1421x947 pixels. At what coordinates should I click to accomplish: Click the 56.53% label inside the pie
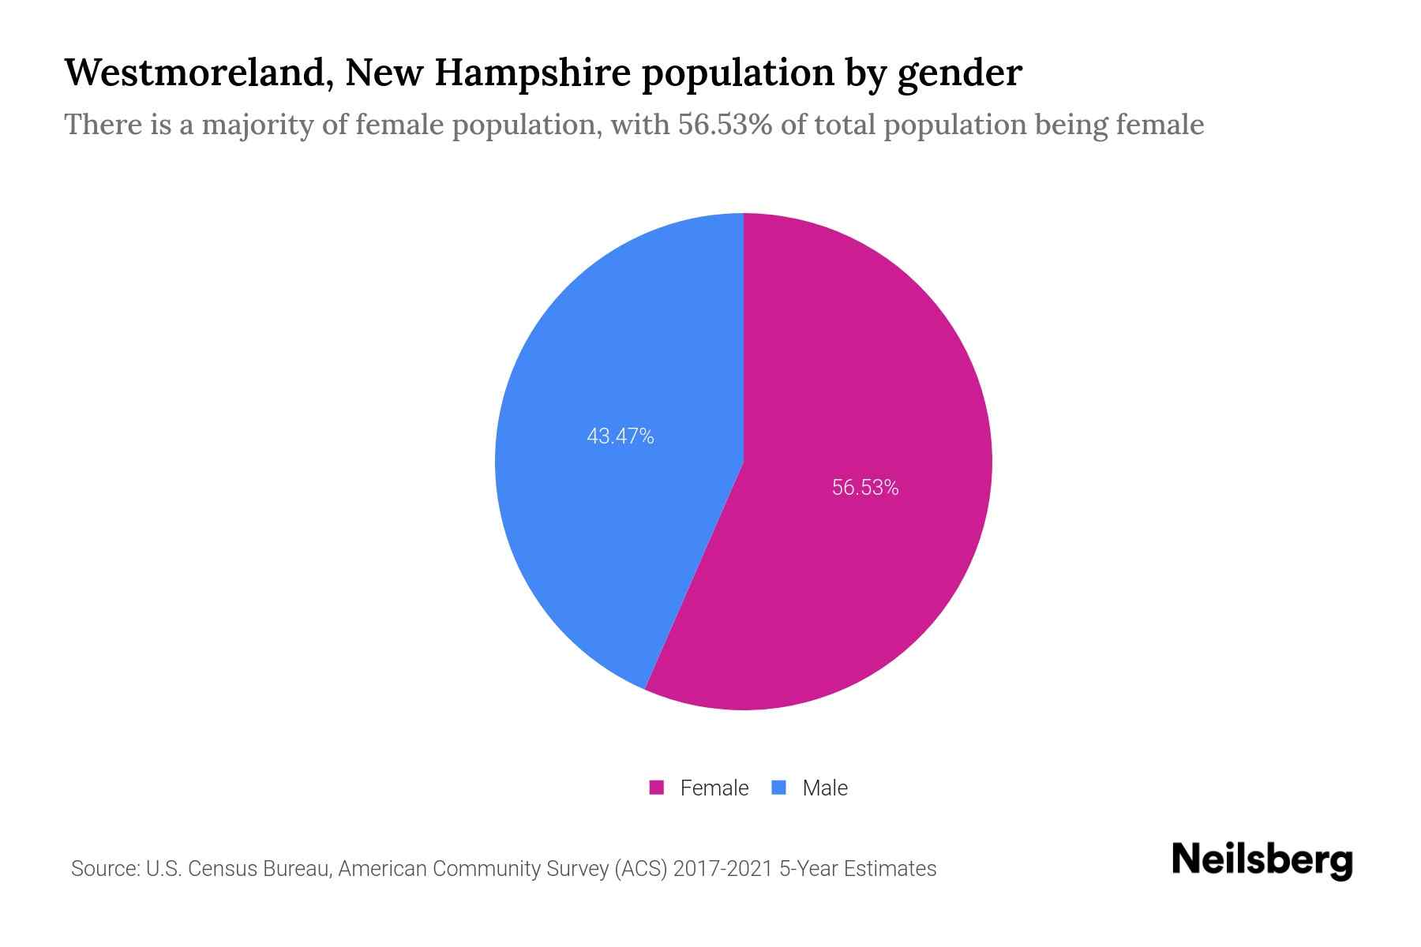(x=865, y=488)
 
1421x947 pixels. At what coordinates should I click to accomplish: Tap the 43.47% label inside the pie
(x=621, y=436)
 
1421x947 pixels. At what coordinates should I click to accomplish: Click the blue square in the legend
(x=779, y=788)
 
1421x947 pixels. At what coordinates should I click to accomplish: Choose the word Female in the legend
(x=714, y=788)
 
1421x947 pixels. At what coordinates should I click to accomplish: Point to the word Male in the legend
(x=825, y=788)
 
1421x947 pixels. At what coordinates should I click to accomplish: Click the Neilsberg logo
(x=1262, y=861)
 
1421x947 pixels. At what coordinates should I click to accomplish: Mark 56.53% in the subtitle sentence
(x=725, y=125)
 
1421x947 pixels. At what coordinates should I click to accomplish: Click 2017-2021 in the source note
(x=723, y=869)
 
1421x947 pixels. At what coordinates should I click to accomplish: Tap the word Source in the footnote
(x=103, y=869)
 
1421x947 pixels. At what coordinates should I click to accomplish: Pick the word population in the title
(x=737, y=74)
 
